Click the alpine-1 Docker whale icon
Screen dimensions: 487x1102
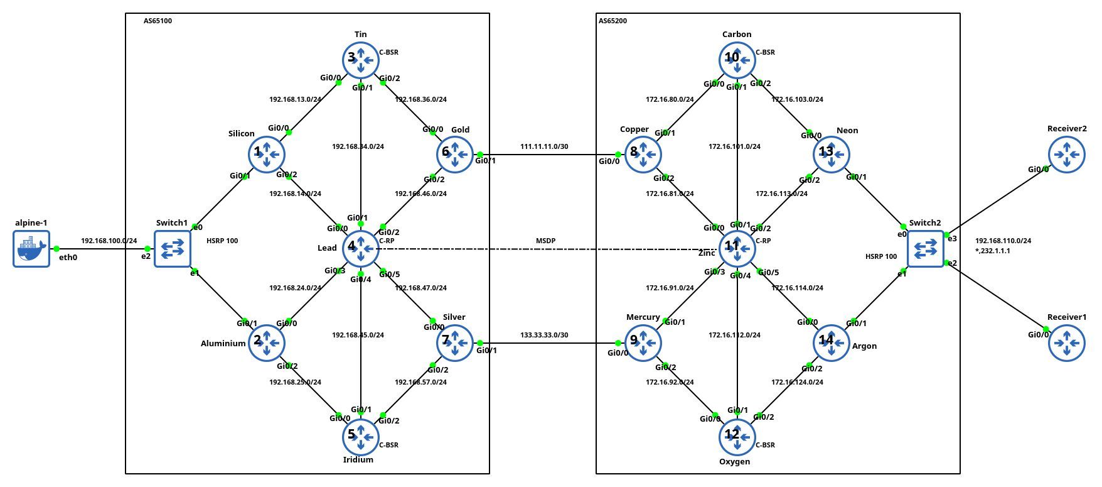click(x=31, y=249)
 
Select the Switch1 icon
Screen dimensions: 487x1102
click(x=172, y=249)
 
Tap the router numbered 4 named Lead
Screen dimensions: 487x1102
click(x=360, y=249)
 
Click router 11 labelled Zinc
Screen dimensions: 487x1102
click(x=737, y=249)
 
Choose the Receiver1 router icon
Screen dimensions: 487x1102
click(x=1066, y=343)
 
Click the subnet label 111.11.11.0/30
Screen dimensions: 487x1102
click(x=544, y=146)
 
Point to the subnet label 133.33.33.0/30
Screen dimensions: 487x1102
click(x=544, y=335)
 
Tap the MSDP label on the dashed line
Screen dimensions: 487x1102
click(x=545, y=241)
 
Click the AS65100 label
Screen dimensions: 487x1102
click(x=158, y=21)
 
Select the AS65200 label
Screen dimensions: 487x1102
click(x=613, y=21)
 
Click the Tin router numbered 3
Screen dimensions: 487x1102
click(x=360, y=60)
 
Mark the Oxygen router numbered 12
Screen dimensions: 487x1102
click(x=737, y=437)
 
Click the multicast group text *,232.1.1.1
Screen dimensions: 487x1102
click(x=993, y=251)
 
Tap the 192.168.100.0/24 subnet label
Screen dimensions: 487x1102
click(x=109, y=241)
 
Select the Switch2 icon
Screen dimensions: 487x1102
click(x=925, y=249)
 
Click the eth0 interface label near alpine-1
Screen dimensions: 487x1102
click(x=67, y=258)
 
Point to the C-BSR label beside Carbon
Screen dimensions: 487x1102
click(x=765, y=52)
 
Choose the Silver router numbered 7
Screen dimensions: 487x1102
click(x=454, y=343)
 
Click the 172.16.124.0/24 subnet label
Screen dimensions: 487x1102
click(x=797, y=382)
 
